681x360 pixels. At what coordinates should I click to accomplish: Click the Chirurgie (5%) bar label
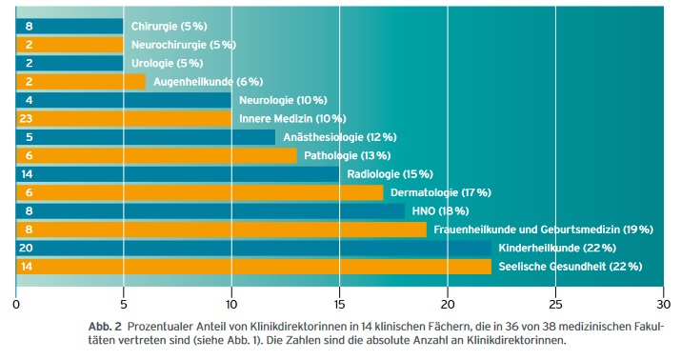168,26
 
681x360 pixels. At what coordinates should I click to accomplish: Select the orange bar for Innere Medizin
124,118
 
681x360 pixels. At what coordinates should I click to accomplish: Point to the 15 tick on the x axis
339,305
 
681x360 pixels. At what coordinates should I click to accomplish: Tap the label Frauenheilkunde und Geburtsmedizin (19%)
543,230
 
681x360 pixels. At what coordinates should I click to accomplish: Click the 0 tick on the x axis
16,305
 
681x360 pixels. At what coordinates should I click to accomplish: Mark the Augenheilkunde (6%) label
208,82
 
